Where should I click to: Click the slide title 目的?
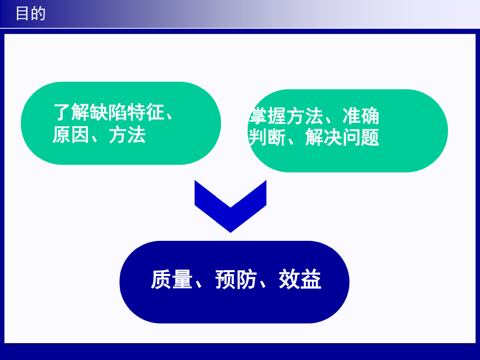31,14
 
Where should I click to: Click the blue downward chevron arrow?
231,206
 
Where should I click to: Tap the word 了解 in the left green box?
72,112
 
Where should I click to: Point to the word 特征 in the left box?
145,112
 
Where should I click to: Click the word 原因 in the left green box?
71,135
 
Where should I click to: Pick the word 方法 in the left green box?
127,135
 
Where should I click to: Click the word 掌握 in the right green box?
268,116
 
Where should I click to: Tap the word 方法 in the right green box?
305,116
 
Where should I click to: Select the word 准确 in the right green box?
361,116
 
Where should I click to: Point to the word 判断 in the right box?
267,137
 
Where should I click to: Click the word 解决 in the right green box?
324,137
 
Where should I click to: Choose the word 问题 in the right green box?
361,137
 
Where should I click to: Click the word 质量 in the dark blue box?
172,279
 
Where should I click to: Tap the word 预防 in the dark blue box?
236,279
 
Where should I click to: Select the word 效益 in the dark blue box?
300,279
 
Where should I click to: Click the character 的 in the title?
38,14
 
